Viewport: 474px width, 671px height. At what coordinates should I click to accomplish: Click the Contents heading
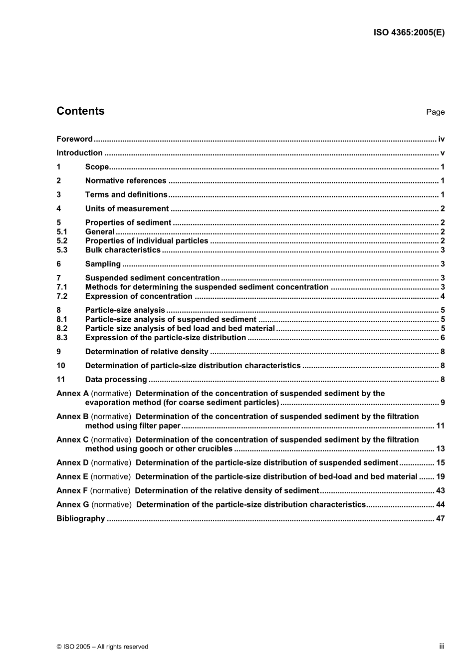click(x=80, y=111)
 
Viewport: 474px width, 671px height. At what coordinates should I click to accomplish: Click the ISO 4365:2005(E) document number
click(x=409, y=33)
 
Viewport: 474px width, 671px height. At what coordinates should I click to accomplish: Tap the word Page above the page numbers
click(x=435, y=112)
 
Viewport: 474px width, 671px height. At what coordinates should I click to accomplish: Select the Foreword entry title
click(x=74, y=139)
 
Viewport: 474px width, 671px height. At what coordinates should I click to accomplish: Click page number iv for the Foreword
click(x=441, y=139)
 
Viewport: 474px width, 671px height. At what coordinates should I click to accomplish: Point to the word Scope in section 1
click(x=97, y=167)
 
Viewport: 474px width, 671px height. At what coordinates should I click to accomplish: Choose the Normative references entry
click(x=126, y=181)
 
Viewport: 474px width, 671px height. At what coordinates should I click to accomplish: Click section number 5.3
click(x=62, y=250)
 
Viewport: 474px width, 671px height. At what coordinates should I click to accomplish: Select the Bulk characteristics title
click(x=123, y=250)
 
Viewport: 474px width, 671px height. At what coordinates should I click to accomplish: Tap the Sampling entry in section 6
click(x=103, y=264)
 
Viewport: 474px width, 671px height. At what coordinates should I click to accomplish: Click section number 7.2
click(x=62, y=296)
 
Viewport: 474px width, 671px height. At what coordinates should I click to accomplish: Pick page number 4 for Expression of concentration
click(x=443, y=296)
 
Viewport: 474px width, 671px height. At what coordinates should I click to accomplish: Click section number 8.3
click(x=62, y=338)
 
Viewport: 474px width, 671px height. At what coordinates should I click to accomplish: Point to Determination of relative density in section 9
click(x=147, y=352)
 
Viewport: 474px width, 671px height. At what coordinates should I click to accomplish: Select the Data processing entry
click(x=116, y=380)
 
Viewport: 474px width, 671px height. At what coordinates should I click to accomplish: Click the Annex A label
click(x=72, y=394)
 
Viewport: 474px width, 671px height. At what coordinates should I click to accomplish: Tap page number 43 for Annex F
click(x=440, y=491)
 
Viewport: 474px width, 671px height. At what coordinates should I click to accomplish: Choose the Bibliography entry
click(x=81, y=519)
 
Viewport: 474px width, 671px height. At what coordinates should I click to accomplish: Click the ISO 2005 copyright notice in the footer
click(x=102, y=647)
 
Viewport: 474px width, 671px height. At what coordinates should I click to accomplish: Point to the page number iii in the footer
click(x=442, y=646)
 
